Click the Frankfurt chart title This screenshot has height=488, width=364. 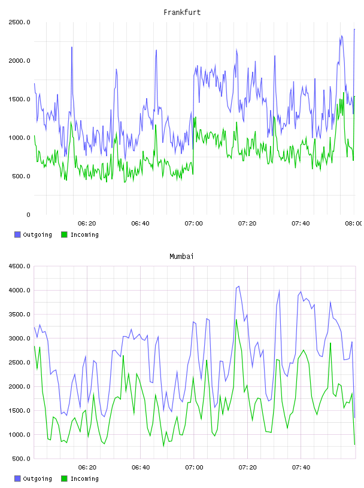pyautogui.click(x=182, y=13)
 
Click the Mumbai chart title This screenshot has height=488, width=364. pyautogui.click(x=181, y=257)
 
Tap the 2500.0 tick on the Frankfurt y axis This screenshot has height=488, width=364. pyautogui.click(x=19, y=22)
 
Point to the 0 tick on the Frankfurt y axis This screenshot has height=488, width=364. pyautogui.click(x=28, y=215)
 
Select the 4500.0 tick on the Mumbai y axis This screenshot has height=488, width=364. pyautogui.click(x=19, y=266)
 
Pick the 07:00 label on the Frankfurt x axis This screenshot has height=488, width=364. pyautogui.click(x=193, y=224)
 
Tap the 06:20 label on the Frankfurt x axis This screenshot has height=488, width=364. pyautogui.click(x=87, y=224)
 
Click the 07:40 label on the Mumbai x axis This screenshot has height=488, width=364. pyautogui.click(x=301, y=468)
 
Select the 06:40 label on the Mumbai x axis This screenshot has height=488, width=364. pyautogui.click(x=141, y=468)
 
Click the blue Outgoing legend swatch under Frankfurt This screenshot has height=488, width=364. pyautogui.click(x=17, y=234)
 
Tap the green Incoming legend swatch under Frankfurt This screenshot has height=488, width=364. pyautogui.click(x=64, y=234)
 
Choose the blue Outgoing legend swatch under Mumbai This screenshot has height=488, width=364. pyautogui.click(x=17, y=478)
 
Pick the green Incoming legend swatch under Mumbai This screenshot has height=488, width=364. pyautogui.click(x=64, y=478)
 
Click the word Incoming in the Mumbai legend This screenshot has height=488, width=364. pyautogui.click(x=84, y=479)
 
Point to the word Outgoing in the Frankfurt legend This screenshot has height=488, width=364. pyautogui.click(x=37, y=235)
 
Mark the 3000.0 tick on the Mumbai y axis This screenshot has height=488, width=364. pyautogui.click(x=19, y=338)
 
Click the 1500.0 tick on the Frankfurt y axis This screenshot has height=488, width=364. pyautogui.click(x=19, y=99)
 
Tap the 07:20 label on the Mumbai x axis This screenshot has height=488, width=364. pyautogui.click(x=247, y=468)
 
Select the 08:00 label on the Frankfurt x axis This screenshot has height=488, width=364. pyautogui.click(x=354, y=224)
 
